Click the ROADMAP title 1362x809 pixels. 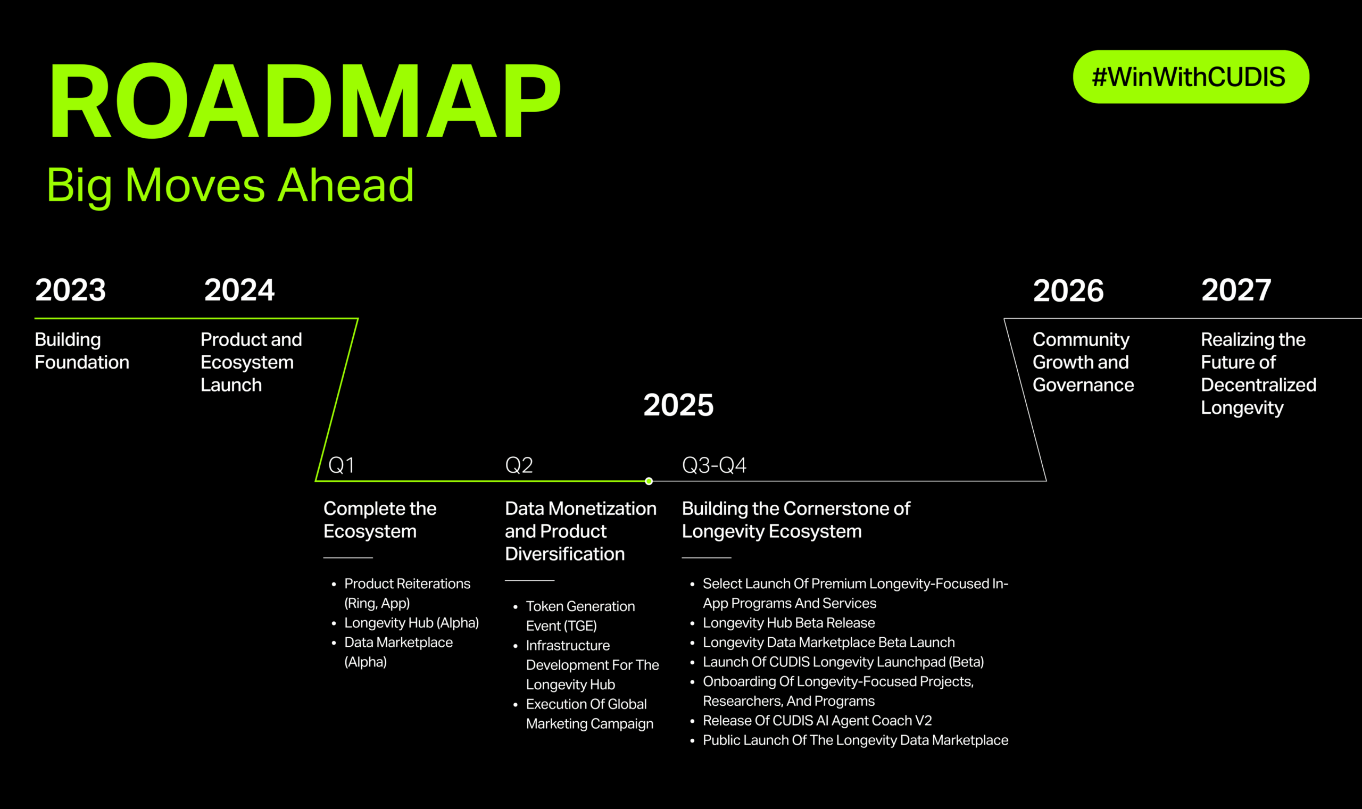pyautogui.click(x=305, y=101)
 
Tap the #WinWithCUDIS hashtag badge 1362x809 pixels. pyautogui.click(x=1191, y=77)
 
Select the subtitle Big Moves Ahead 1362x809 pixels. pyautogui.click(x=230, y=187)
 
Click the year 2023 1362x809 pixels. pyautogui.click(x=70, y=290)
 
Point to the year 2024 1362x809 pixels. pyautogui.click(x=239, y=290)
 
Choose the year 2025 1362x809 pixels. pyautogui.click(x=678, y=405)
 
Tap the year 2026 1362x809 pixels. pyautogui.click(x=1068, y=290)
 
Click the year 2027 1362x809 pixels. pyautogui.click(x=1236, y=290)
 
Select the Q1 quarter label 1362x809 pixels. pyautogui.click(x=342, y=465)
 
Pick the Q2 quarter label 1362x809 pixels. pyautogui.click(x=519, y=465)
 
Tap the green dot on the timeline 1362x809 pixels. pyautogui.click(x=649, y=481)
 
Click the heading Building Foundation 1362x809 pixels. pyautogui.click(x=82, y=351)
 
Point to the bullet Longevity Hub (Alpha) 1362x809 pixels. pyautogui.click(x=411, y=622)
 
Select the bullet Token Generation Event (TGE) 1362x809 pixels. pyautogui.click(x=580, y=616)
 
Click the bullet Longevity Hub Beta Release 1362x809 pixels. pyautogui.click(x=788, y=622)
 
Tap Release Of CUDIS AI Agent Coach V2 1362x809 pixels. pyautogui.click(x=817, y=720)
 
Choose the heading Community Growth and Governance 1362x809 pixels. pyautogui.click(x=1083, y=362)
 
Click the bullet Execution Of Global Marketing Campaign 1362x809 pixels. pyautogui.click(x=589, y=714)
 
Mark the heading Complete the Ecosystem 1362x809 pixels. pyautogui.click(x=379, y=520)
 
